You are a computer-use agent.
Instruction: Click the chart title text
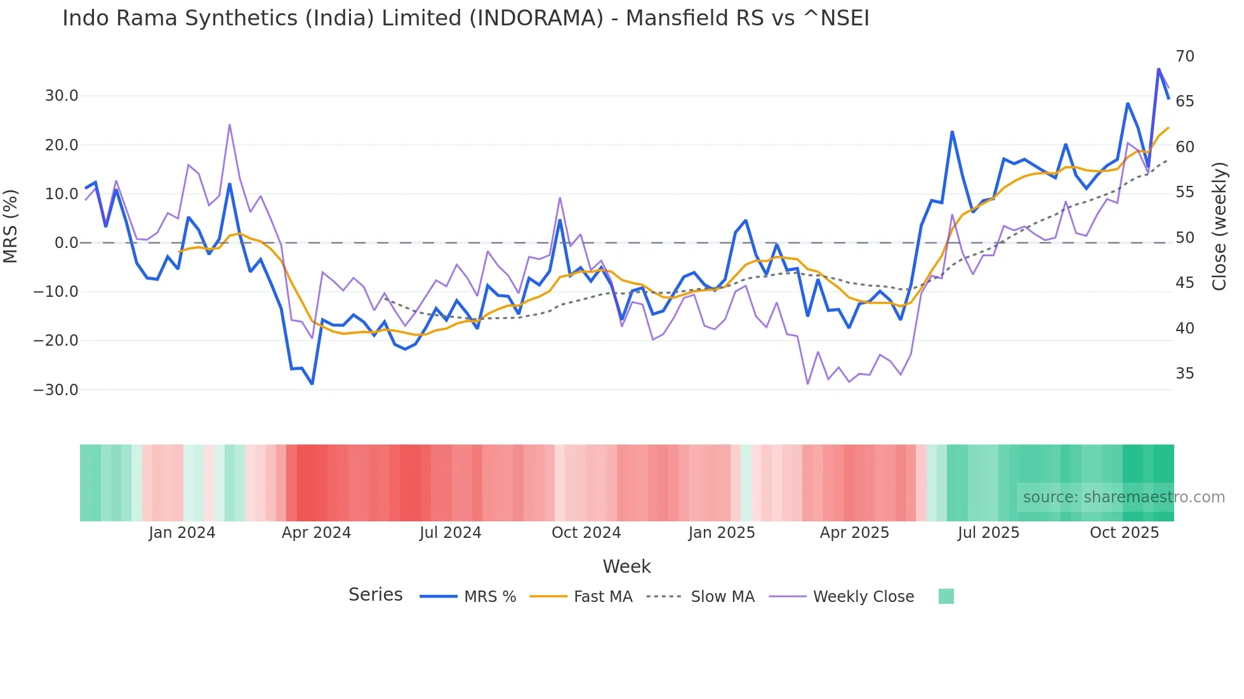(465, 18)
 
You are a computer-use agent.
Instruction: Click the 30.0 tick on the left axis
(62, 96)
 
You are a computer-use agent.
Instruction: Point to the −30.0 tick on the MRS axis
(56, 389)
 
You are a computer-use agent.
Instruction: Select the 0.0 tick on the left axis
(66, 243)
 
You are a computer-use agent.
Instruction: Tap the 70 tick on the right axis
(1184, 56)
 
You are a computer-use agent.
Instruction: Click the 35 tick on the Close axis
(1184, 374)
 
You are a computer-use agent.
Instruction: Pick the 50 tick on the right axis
(1184, 238)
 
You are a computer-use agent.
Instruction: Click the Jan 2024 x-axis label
(182, 533)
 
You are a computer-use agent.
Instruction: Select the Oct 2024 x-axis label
(586, 533)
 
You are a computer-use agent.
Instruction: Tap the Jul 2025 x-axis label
(988, 533)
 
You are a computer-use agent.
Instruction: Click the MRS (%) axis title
(11, 226)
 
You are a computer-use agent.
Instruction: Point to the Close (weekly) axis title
(1219, 226)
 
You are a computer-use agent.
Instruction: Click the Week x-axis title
(626, 566)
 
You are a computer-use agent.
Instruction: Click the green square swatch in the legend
(946, 596)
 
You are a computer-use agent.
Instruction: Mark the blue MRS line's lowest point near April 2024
(312, 384)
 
